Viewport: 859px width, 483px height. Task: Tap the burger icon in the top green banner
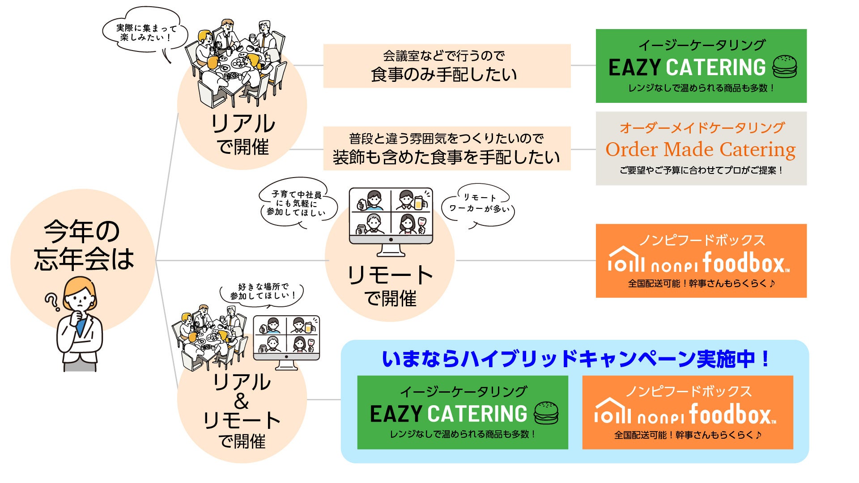pyautogui.click(x=785, y=67)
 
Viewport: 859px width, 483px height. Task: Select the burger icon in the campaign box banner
pyautogui.click(x=546, y=413)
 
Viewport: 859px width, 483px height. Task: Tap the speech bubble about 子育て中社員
pyautogui.click(x=296, y=203)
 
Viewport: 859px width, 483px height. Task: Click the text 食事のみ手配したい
pyautogui.click(x=444, y=74)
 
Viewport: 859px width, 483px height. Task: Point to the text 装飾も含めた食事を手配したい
pyautogui.click(x=447, y=157)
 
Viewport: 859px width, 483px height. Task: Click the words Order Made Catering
pyautogui.click(x=700, y=149)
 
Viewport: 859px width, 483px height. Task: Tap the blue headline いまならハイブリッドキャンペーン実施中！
pyautogui.click(x=575, y=359)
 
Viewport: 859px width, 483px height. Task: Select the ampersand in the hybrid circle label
pyautogui.click(x=241, y=401)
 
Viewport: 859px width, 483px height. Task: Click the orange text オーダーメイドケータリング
pyautogui.click(x=702, y=128)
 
